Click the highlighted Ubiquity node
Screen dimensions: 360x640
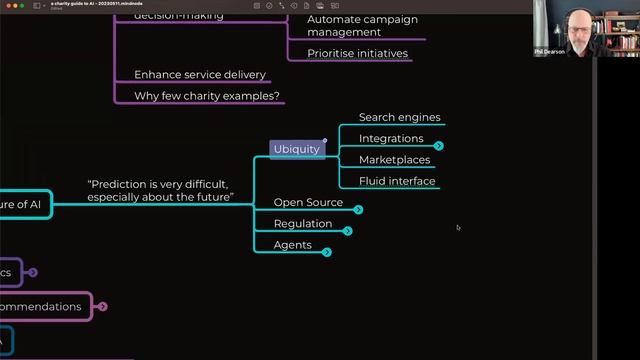click(297, 149)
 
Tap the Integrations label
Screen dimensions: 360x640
click(391, 139)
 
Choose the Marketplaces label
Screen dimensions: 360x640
click(394, 160)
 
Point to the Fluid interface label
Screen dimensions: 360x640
click(397, 181)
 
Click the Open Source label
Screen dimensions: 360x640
click(308, 203)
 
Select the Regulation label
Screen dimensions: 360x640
click(303, 224)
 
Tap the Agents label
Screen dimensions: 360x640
click(293, 245)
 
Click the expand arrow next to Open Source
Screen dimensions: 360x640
click(358, 210)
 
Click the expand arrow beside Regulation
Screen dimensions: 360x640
click(347, 231)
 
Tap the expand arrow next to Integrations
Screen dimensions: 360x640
click(438, 146)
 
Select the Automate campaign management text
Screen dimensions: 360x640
click(362, 26)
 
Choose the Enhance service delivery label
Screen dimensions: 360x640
click(200, 75)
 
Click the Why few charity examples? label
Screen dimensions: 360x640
click(207, 96)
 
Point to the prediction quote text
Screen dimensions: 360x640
click(160, 191)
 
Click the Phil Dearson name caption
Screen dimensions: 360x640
click(549, 51)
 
